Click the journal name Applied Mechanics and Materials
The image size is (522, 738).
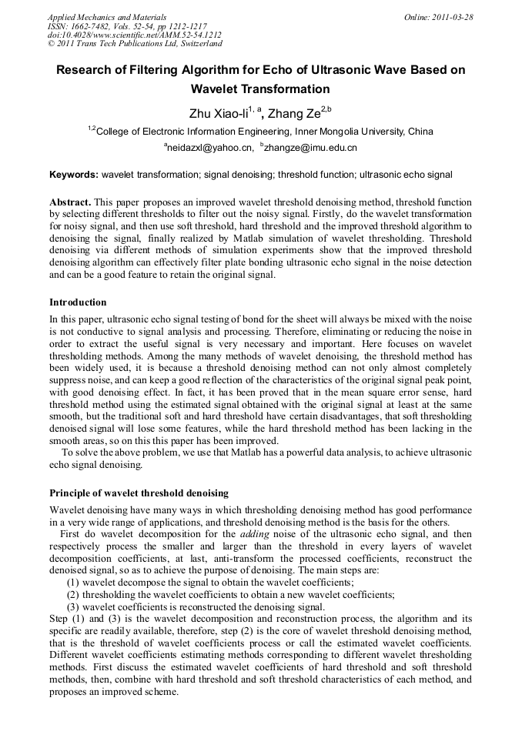pyautogui.click(x=106, y=16)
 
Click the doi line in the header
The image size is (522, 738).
pyautogui.click(x=135, y=35)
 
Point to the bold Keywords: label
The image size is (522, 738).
pyautogui.click(x=74, y=175)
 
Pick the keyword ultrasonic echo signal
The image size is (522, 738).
pyautogui.click(x=406, y=175)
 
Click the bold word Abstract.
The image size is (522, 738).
pyautogui.click(x=71, y=202)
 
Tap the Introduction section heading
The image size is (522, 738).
pyautogui.click(x=78, y=302)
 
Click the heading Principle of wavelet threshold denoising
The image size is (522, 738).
pyautogui.click(x=139, y=493)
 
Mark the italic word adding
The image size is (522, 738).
pyautogui.click(x=255, y=533)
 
